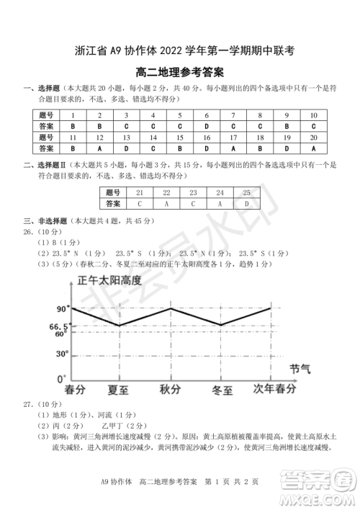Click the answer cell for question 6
click(x=206, y=125)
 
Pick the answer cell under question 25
click(x=246, y=203)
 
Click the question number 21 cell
click(x=140, y=192)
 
